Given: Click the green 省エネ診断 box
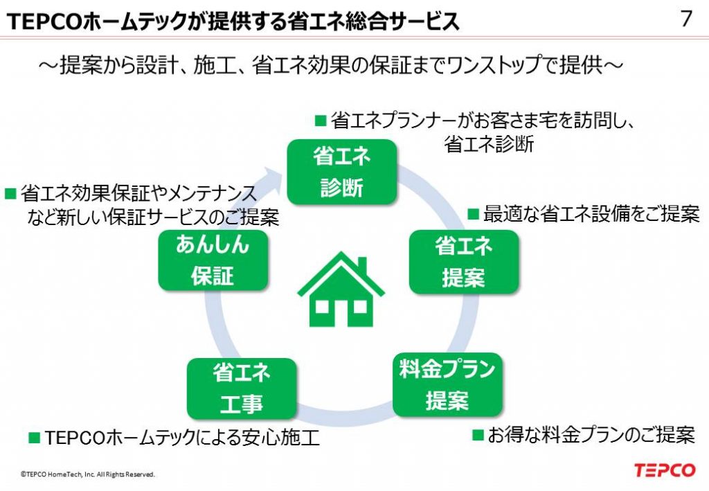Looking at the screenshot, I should click(x=341, y=172).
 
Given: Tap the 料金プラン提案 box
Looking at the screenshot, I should click(x=447, y=385).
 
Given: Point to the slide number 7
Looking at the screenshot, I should click(x=686, y=19).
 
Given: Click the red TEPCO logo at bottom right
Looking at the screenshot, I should click(x=664, y=470).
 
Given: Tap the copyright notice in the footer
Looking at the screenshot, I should click(x=88, y=475).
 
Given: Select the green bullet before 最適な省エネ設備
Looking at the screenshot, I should click(x=474, y=213).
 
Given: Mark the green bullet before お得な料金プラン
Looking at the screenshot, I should click(x=478, y=435).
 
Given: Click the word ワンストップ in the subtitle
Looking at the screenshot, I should click(x=468, y=66).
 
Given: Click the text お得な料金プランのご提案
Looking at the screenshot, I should click(x=591, y=435).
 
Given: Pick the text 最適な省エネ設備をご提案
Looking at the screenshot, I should click(x=591, y=214).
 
